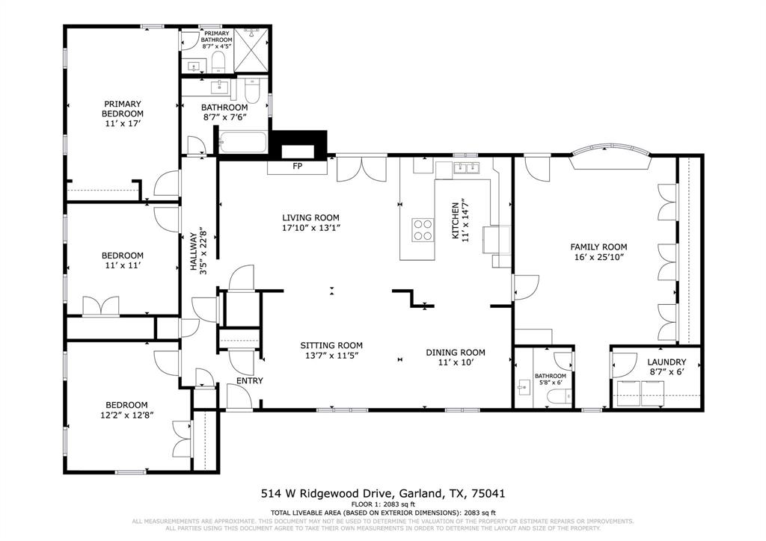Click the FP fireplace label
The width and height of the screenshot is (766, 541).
[297, 167]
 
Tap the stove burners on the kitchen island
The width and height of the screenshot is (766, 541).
[423, 229]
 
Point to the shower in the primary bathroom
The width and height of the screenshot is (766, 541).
[252, 45]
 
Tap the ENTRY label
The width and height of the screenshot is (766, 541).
[249, 381]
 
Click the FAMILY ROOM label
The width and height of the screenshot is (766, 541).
[598, 247]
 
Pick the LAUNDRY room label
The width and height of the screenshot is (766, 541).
[667, 362]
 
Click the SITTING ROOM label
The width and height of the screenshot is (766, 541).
[331, 345]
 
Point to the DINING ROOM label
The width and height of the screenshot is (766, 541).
[456, 353]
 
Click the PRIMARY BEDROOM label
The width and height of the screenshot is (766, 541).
[122, 108]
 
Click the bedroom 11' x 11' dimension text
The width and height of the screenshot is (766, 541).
[122, 265]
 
